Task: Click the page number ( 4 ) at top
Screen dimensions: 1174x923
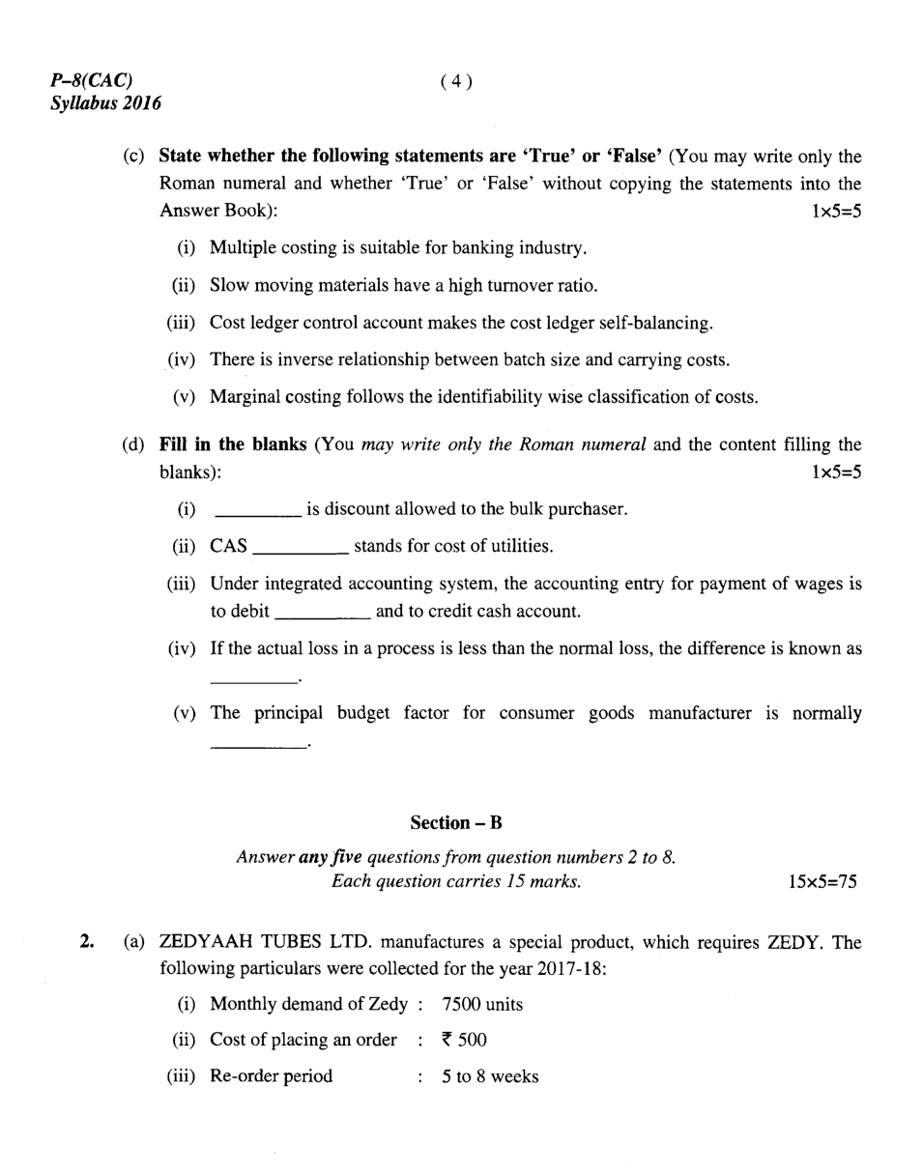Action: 456,82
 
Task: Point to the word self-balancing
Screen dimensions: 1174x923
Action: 656,323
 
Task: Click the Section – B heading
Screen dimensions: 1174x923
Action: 456,823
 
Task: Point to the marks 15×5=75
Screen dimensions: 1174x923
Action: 822,882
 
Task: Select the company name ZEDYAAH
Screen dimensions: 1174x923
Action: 203,942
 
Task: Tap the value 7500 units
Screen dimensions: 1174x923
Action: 482,1005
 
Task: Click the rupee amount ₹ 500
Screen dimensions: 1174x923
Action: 464,1041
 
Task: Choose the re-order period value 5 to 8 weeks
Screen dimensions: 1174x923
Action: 490,1076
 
